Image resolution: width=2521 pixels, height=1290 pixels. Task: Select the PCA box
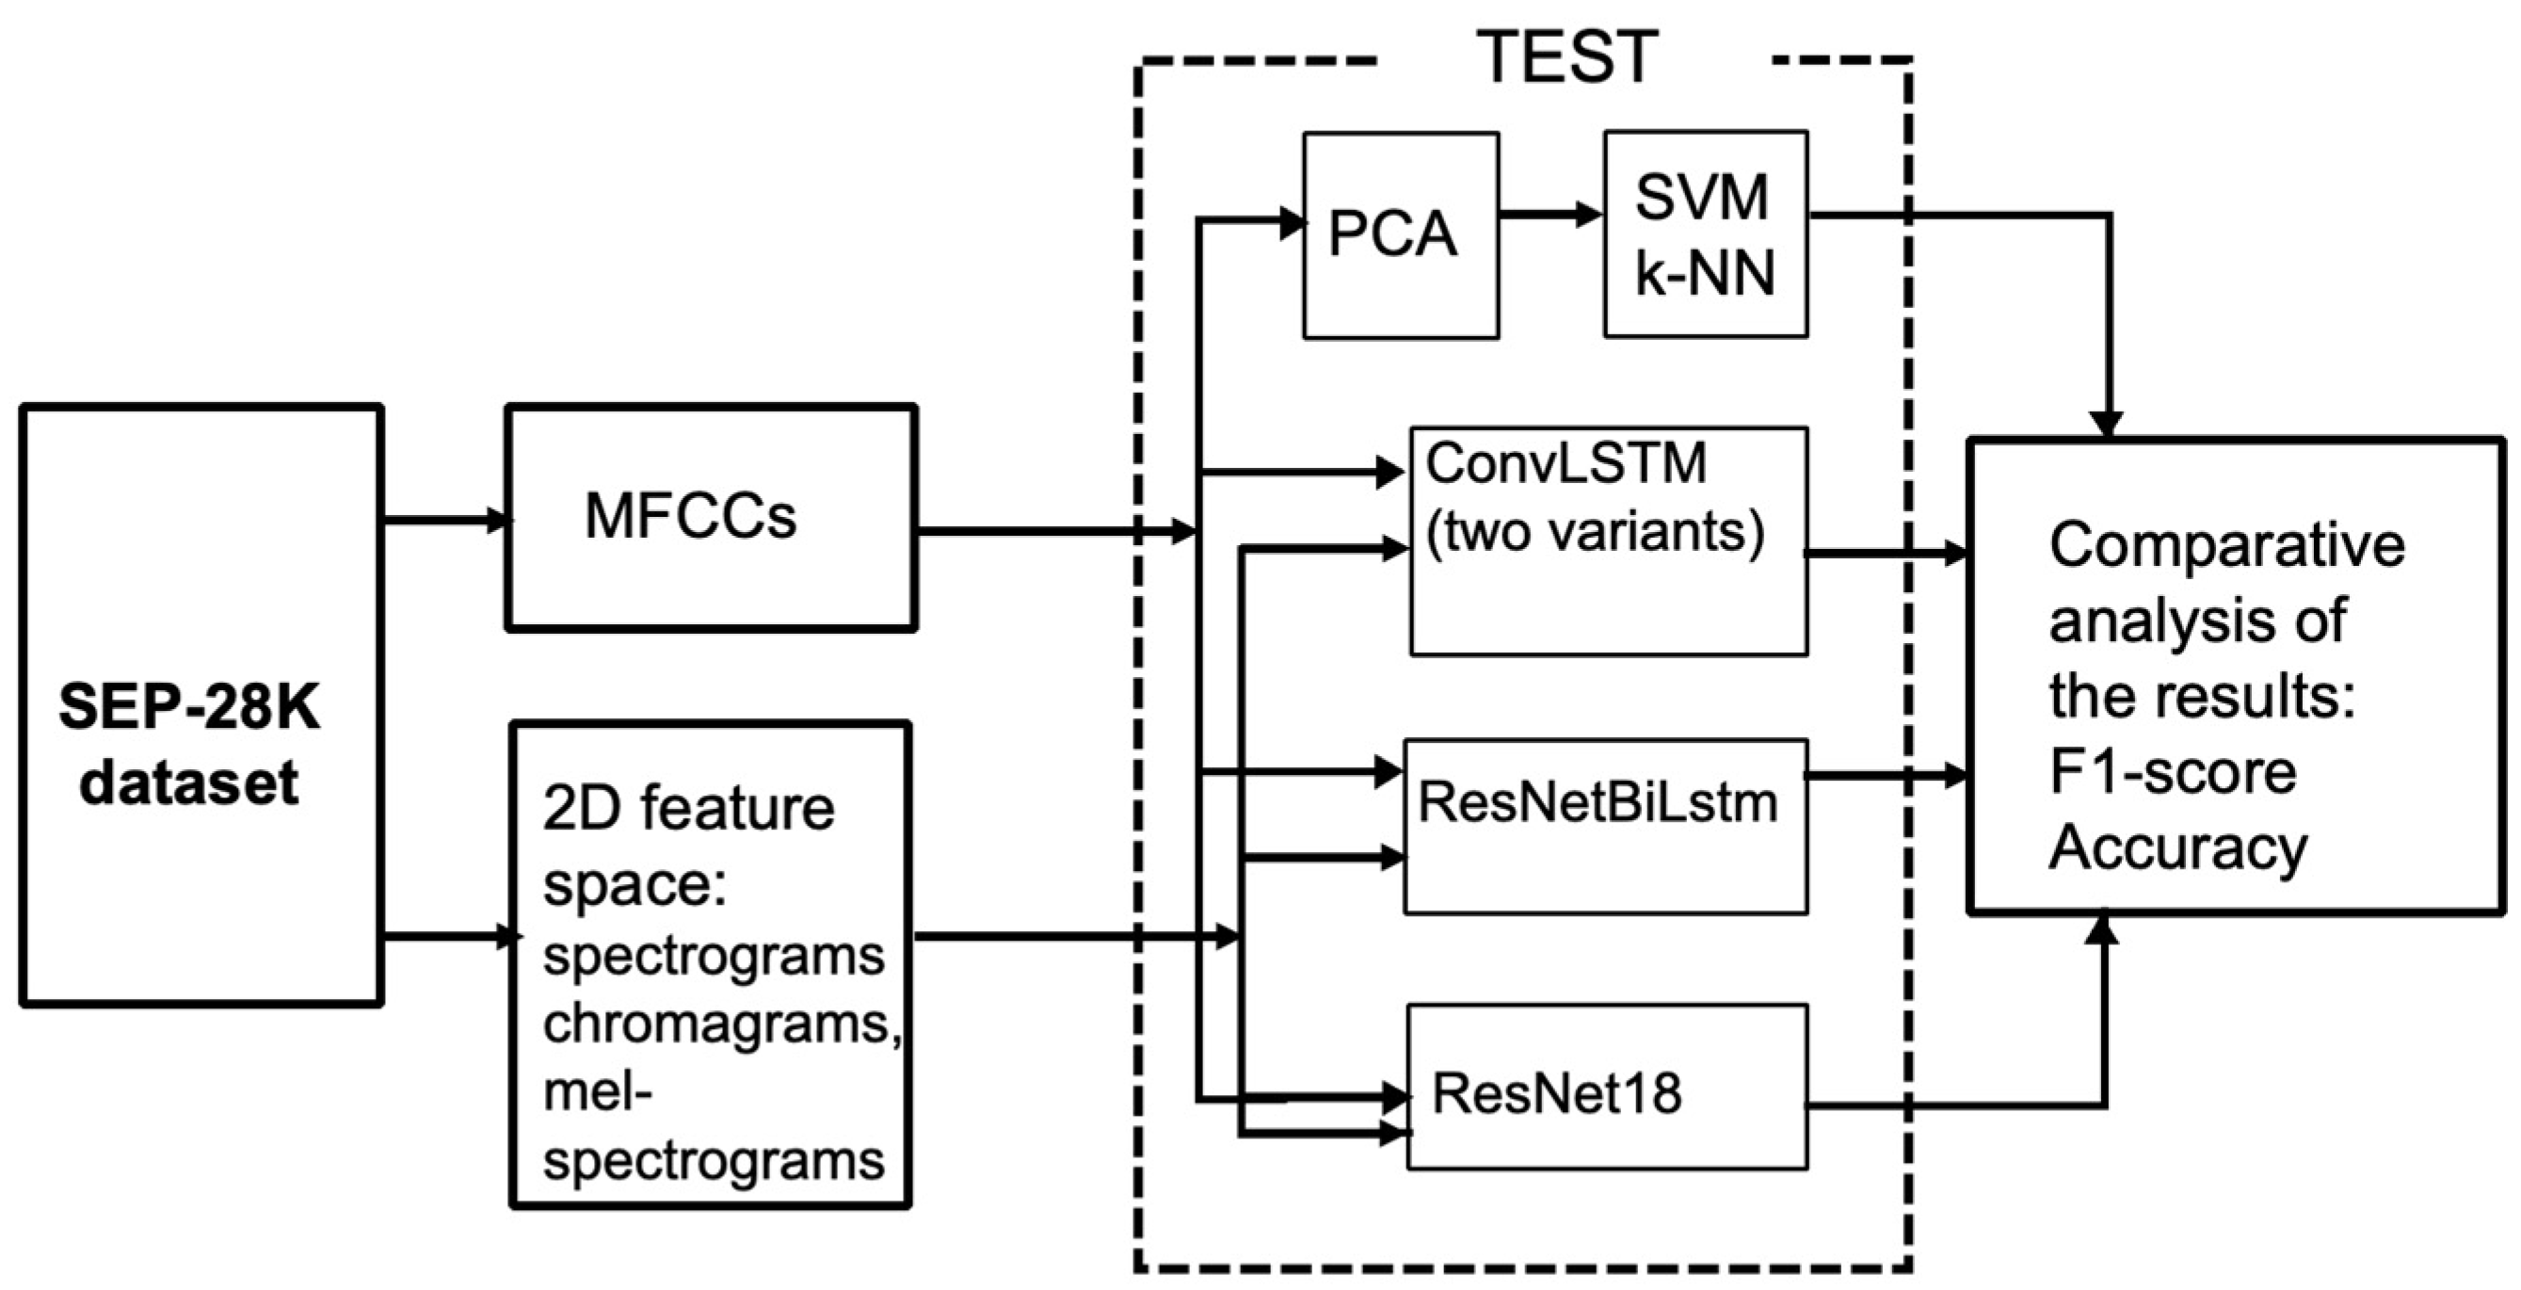(1400, 234)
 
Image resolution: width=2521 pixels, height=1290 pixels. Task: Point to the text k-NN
(1705, 273)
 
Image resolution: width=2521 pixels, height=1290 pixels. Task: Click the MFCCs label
(690, 516)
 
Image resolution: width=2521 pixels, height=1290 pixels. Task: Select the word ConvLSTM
(1565, 463)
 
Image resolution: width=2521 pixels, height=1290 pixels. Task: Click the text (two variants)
(1595, 532)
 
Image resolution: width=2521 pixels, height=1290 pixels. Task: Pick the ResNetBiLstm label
(1598, 802)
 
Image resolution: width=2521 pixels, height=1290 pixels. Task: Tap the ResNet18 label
(1556, 1093)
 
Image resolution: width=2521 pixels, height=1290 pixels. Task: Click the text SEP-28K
(189, 706)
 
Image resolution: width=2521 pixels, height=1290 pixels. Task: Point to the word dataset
(189, 783)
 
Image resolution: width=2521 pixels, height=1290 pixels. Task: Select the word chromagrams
(721, 1024)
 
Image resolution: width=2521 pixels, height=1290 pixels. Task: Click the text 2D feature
(688, 809)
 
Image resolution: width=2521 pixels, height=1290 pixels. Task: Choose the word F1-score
(2173, 772)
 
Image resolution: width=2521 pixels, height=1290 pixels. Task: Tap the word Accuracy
(2178, 847)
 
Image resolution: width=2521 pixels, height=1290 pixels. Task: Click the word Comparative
(2226, 545)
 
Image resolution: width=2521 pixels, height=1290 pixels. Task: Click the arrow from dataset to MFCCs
(445, 520)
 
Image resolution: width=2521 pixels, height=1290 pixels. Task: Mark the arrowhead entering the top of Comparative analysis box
(2107, 423)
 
